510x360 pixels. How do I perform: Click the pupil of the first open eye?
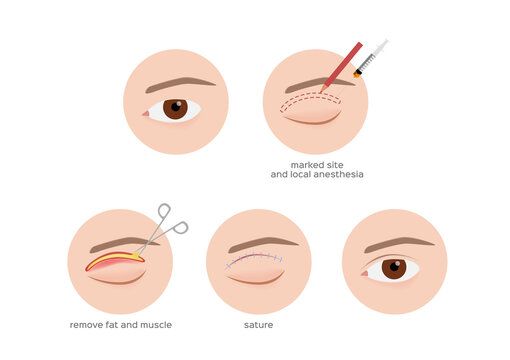pos(175,108)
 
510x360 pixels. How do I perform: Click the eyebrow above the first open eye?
pos(180,84)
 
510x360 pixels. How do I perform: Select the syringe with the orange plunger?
pos(370,58)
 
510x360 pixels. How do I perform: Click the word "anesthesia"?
pos(338,174)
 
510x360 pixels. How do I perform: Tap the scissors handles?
pos(169,221)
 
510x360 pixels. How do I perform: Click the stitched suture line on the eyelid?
pos(255,260)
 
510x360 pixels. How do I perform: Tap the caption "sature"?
pos(258,325)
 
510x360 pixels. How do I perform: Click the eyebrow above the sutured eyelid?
pos(262,244)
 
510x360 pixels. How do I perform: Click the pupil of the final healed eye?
pos(393,267)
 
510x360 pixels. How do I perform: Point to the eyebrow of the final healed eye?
pos(398,244)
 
